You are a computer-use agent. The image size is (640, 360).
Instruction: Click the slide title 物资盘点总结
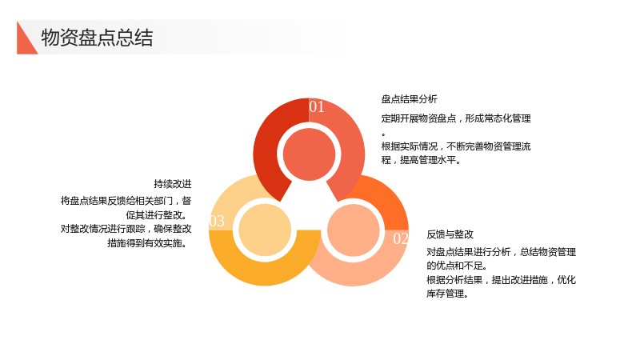coord(97,38)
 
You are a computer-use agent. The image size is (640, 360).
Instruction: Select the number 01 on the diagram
coord(317,107)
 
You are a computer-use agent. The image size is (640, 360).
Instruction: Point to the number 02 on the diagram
coord(401,238)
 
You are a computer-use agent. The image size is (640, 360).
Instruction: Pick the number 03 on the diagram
coord(217,222)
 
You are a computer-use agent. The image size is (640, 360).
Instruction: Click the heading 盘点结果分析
coord(410,99)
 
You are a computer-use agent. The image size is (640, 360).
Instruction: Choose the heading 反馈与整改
coord(450,234)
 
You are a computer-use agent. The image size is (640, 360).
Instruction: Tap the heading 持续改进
coord(173,184)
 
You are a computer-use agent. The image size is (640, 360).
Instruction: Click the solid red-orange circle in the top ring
coord(309,154)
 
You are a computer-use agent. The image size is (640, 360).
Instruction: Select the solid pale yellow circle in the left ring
coord(265,230)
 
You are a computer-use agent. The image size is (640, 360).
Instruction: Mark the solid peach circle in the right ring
coord(354,230)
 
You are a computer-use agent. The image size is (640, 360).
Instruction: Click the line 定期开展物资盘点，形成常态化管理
coord(456,118)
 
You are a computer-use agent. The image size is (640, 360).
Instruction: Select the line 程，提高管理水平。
coord(422,161)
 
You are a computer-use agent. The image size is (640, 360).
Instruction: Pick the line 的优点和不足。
coord(457,266)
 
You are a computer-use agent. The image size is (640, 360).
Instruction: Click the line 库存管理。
coord(447,294)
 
